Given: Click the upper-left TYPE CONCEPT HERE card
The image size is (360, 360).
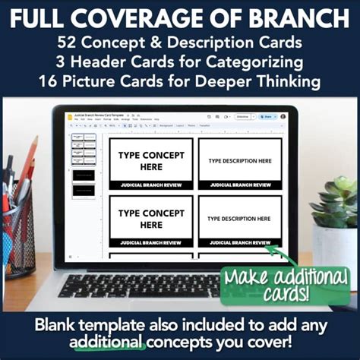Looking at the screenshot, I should point(151,162).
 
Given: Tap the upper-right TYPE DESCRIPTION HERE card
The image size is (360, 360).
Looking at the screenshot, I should point(239,162).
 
